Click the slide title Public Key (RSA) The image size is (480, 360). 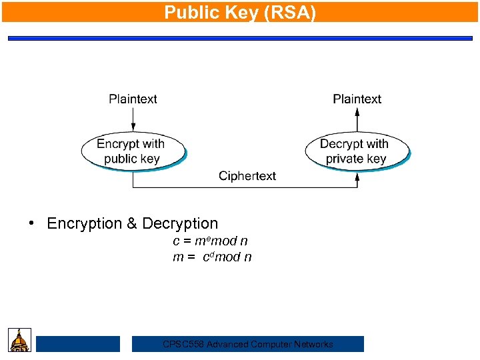tap(240, 12)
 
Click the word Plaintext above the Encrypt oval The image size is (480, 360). tap(133, 99)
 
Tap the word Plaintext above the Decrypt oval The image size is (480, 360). tap(357, 99)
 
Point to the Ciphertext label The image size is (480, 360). tap(247, 176)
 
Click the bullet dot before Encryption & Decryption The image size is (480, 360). tap(31, 223)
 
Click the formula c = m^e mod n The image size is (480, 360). tap(210, 241)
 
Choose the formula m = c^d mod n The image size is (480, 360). tap(212, 257)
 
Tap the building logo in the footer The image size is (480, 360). tap(19, 340)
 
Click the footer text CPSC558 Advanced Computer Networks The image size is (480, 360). tap(248, 344)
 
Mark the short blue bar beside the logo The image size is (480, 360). tap(77, 344)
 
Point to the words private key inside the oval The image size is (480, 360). tap(355, 159)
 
